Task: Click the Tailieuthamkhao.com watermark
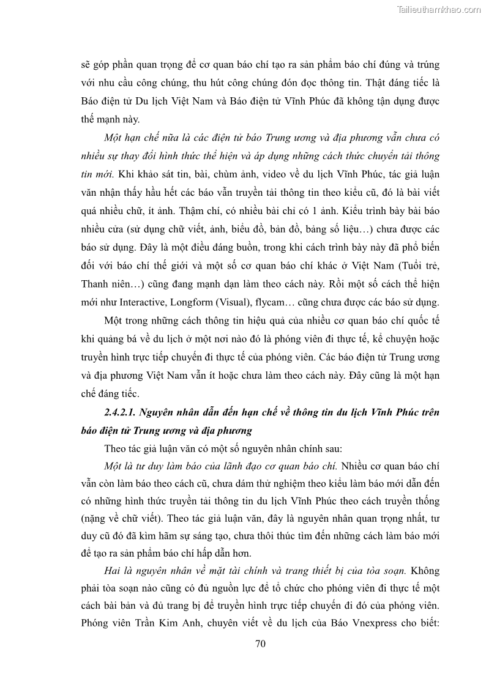click(x=439, y=9)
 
